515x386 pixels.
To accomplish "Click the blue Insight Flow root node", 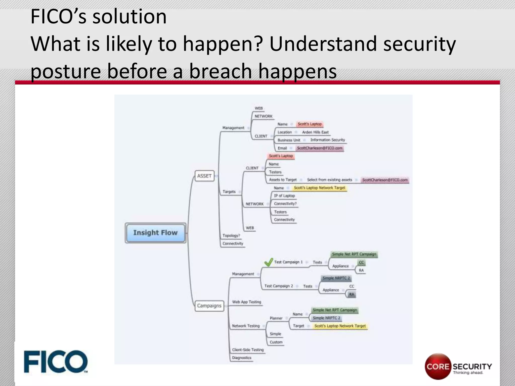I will (x=155, y=233).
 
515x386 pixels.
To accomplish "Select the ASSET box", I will (x=204, y=176).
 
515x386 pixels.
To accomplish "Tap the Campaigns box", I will (x=209, y=306).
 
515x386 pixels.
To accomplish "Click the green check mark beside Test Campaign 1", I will (x=268, y=262).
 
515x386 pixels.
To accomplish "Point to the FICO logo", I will (x=56, y=362).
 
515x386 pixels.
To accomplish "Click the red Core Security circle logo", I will (x=438, y=366).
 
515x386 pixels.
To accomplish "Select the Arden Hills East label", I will (x=315, y=132).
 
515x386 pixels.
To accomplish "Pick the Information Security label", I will (x=327, y=140).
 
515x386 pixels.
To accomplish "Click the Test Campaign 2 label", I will (x=279, y=286).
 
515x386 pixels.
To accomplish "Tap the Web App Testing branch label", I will (x=247, y=302).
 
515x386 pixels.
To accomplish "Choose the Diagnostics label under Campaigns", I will (x=242, y=358).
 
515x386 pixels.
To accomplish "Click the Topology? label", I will (x=231, y=236).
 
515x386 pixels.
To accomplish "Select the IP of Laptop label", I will (x=284, y=196).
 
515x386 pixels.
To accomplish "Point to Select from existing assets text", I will (x=329, y=180).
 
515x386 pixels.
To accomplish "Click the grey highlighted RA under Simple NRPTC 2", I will (x=352, y=294).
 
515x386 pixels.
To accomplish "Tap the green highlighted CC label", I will (x=361, y=262).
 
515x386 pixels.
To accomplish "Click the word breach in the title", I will (x=220, y=71).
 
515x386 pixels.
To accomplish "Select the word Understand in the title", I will (x=323, y=44).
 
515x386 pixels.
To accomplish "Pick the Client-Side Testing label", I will (x=248, y=350).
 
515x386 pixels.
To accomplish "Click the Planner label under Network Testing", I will (x=276, y=318).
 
